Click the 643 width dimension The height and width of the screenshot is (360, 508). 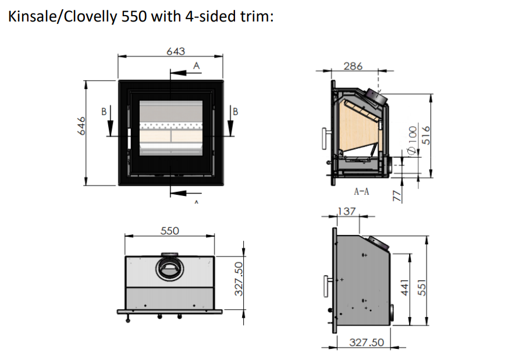(x=175, y=51)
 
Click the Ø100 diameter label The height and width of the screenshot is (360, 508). (x=412, y=140)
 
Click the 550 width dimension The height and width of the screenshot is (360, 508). (x=169, y=230)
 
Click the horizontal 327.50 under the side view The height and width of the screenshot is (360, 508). (x=366, y=343)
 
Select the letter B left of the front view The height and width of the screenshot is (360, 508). (x=104, y=112)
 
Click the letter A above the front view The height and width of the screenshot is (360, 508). (x=196, y=66)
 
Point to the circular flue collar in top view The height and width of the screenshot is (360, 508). (x=169, y=269)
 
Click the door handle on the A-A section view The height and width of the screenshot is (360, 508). (x=324, y=138)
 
